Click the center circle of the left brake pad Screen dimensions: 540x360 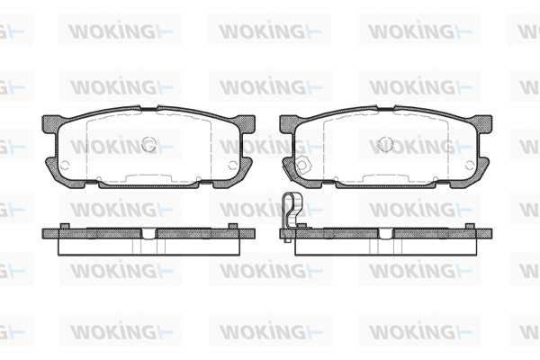[x=149, y=144]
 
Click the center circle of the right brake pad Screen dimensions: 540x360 [x=386, y=144]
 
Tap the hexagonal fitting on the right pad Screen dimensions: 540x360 [x=302, y=166]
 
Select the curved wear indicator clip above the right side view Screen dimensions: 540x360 [x=292, y=211]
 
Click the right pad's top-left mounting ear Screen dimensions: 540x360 [x=289, y=123]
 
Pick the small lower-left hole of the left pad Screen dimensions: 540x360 [x=65, y=166]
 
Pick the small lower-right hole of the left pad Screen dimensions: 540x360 [x=233, y=166]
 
